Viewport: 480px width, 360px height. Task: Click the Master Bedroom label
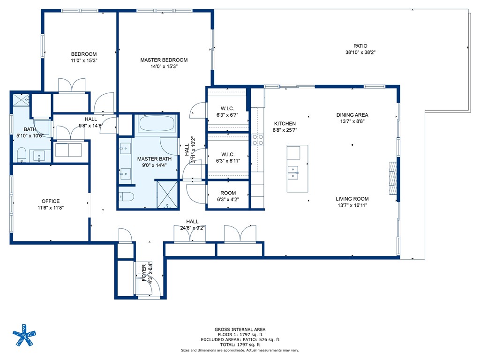(x=164, y=60)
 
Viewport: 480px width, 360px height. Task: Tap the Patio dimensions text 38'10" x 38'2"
(x=360, y=52)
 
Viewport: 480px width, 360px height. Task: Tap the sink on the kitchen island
(x=293, y=173)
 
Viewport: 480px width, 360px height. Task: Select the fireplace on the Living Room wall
(x=392, y=178)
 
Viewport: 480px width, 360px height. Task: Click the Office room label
(x=51, y=201)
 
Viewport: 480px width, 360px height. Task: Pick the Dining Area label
(x=352, y=115)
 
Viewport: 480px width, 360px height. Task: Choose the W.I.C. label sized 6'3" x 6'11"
(x=228, y=154)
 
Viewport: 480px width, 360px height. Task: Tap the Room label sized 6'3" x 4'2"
(x=228, y=193)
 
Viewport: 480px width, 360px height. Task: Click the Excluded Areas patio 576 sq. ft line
(x=240, y=339)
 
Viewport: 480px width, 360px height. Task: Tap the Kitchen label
(x=285, y=124)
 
